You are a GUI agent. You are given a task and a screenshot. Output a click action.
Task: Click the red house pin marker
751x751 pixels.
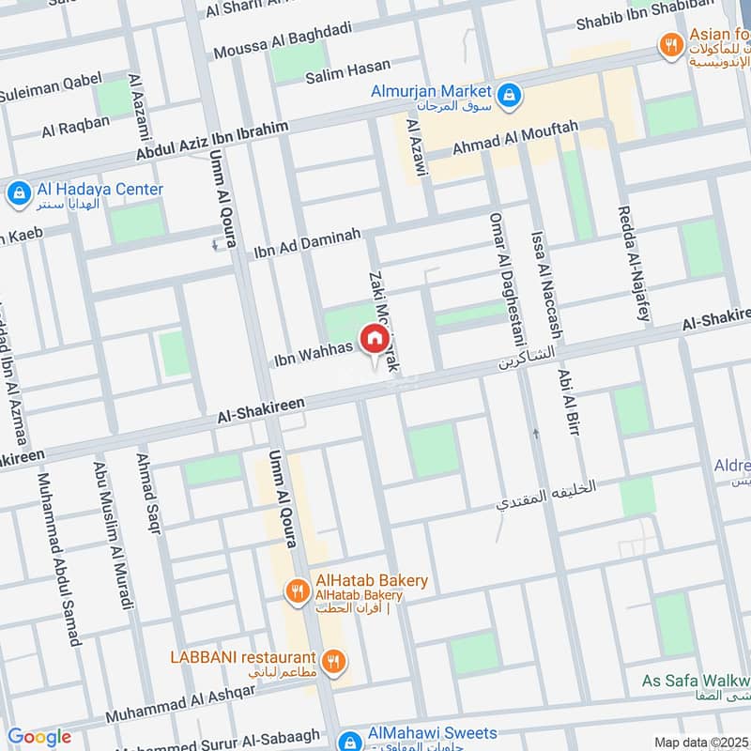coord(374,339)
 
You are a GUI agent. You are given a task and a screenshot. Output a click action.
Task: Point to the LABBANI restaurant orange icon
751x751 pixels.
coord(331,662)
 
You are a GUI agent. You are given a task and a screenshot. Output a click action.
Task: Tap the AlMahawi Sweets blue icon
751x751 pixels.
coord(348,741)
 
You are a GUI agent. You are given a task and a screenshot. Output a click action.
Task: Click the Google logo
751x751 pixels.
coord(39,738)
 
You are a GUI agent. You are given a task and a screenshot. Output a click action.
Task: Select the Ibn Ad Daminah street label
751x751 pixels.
coord(307,242)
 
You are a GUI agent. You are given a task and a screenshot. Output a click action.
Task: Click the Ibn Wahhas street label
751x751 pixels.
coord(313,352)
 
